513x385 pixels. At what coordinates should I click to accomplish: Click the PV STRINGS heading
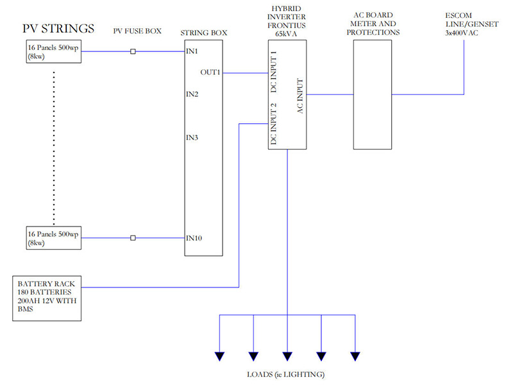point(58,29)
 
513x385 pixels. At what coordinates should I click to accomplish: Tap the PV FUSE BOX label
point(137,30)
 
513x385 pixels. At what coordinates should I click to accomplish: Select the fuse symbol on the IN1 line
point(133,51)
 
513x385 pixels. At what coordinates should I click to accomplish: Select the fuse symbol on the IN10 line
point(133,238)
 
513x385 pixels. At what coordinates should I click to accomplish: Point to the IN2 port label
point(192,94)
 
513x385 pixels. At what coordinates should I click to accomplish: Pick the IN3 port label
point(192,137)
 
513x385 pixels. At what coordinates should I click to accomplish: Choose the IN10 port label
point(194,238)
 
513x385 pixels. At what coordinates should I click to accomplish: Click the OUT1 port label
point(210,73)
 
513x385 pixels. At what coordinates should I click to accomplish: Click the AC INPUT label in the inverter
point(299,96)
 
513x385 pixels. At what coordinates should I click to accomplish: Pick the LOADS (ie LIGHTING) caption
point(287,374)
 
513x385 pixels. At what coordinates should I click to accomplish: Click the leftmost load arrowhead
point(220,357)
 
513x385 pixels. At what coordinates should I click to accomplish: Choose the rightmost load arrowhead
point(355,357)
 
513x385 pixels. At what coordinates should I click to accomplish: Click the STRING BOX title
point(204,31)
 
